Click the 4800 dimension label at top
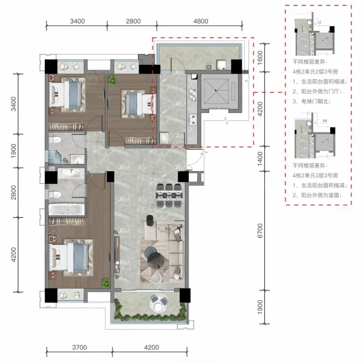click(201, 21)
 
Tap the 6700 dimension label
click(260, 231)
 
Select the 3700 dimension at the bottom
click(79, 347)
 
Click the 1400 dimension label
click(260, 159)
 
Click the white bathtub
click(67, 209)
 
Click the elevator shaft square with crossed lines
click(216, 91)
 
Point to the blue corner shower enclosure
click(55, 157)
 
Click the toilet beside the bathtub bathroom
click(55, 194)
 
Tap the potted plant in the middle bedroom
click(112, 79)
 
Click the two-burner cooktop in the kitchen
click(192, 119)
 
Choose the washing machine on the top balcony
click(221, 65)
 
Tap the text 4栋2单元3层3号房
click(315, 175)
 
